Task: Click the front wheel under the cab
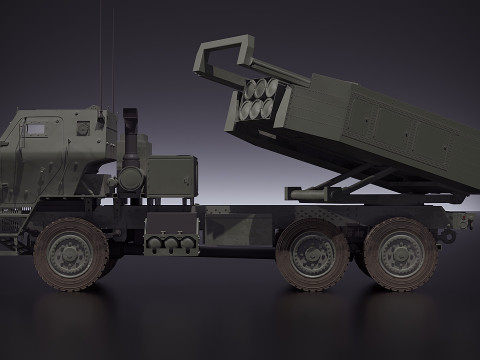click(71, 254)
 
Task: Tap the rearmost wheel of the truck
click(400, 254)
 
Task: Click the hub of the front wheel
click(71, 254)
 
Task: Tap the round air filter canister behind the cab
click(130, 179)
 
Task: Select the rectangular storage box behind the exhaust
click(171, 177)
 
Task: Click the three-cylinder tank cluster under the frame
click(167, 243)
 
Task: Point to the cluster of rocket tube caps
click(258, 100)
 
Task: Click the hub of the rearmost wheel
click(400, 254)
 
